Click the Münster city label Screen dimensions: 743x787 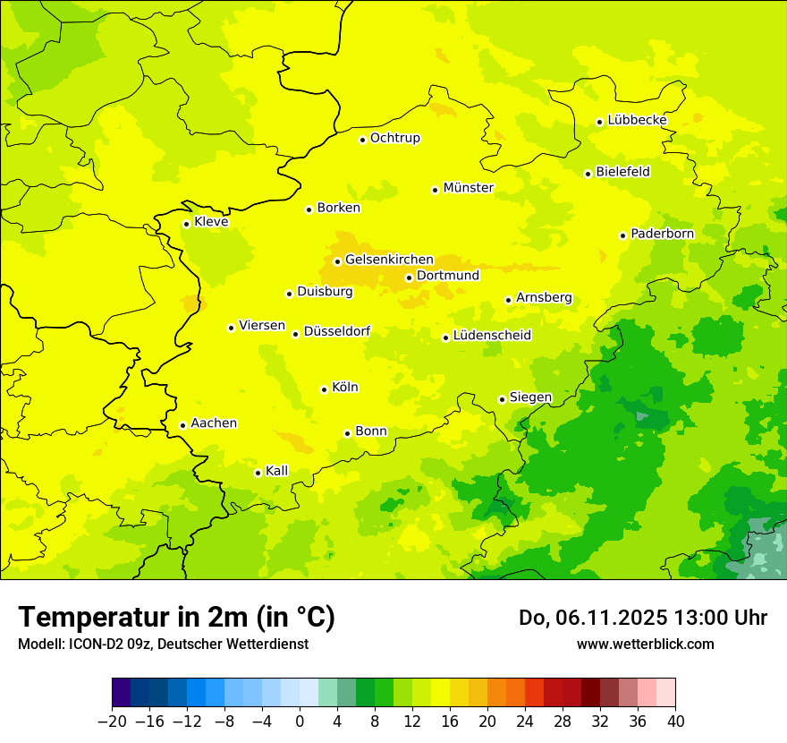pyautogui.click(x=469, y=188)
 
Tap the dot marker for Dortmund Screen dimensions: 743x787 pyautogui.click(x=409, y=278)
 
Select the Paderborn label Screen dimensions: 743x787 pyautogui.click(x=663, y=234)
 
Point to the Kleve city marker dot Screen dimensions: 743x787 pyautogui.click(x=186, y=224)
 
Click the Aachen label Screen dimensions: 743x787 pyautogui.click(x=214, y=423)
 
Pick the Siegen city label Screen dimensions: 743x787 pyautogui.click(x=530, y=397)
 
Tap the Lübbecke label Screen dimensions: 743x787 pyautogui.click(x=638, y=120)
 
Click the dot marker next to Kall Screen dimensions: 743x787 pyautogui.click(x=258, y=473)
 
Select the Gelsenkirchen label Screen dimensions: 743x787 pyautogui.click(x=389, y=260)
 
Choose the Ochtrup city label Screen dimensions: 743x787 pyautogui.click(x=395, y=138)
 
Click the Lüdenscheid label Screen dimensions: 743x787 pyautogui.click(x=492, y=336)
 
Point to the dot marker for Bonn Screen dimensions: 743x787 pyautogui.click(x=347, y=433)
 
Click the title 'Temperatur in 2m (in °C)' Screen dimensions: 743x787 pyautogui.click(x=176, y=618)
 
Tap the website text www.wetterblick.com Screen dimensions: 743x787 pyautogui.click(x=646, y=644)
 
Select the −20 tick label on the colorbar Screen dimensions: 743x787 pyautogui.click(x=112, y=722)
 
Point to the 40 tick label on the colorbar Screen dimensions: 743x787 pyautogui.click(x=675, y=722)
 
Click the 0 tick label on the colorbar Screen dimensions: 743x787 pyautogui.click(x=300, y=722)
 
